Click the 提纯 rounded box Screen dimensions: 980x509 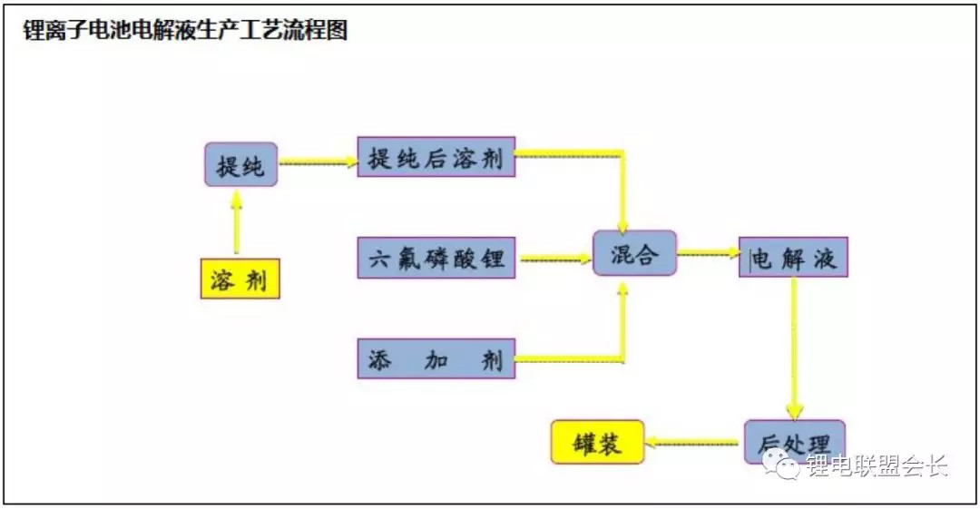pos(240,164)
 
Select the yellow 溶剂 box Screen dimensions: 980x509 pos(240,279)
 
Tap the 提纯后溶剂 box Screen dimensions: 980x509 pos(436,157)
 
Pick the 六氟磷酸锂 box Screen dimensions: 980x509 pos(436,258)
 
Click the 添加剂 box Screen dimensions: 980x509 pos(436,359)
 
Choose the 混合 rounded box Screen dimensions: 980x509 pos(634,252)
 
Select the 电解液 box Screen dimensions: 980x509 pos(793,257)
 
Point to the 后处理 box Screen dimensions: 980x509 pos(794,442)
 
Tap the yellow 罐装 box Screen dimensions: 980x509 pos(597,442)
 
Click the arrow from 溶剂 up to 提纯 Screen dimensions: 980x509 pos(236,222)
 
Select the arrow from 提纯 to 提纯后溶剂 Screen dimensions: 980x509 pos(318,163)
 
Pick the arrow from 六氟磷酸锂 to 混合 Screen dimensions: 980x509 pos(556,259)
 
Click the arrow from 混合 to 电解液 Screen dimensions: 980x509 pos(709,252)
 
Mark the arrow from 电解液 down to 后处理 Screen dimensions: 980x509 pos(794,349)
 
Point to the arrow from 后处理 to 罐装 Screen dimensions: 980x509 pos(691,444)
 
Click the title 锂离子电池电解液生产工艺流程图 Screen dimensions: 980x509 pos(185,29)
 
